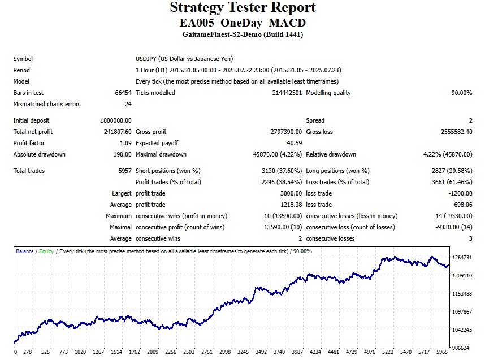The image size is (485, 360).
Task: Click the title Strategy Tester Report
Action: click(242, 8)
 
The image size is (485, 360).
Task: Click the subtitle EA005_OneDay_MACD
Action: click(242, 23)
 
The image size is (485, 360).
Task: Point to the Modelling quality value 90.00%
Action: click(461, 93)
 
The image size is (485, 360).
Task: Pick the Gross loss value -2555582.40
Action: click(456, 132)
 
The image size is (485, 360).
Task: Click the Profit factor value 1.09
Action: click(125, 143)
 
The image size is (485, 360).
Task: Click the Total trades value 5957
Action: click(124, 171)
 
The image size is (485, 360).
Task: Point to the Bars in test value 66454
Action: click(123, 93)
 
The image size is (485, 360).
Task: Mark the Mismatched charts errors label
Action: click(47, 104)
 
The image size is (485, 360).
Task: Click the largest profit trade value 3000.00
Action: click(290, 193)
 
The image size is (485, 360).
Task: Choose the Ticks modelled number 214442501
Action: click(287, 93)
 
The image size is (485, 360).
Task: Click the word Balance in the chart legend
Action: click(24, 251)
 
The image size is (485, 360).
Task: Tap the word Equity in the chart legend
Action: click(46, 251)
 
